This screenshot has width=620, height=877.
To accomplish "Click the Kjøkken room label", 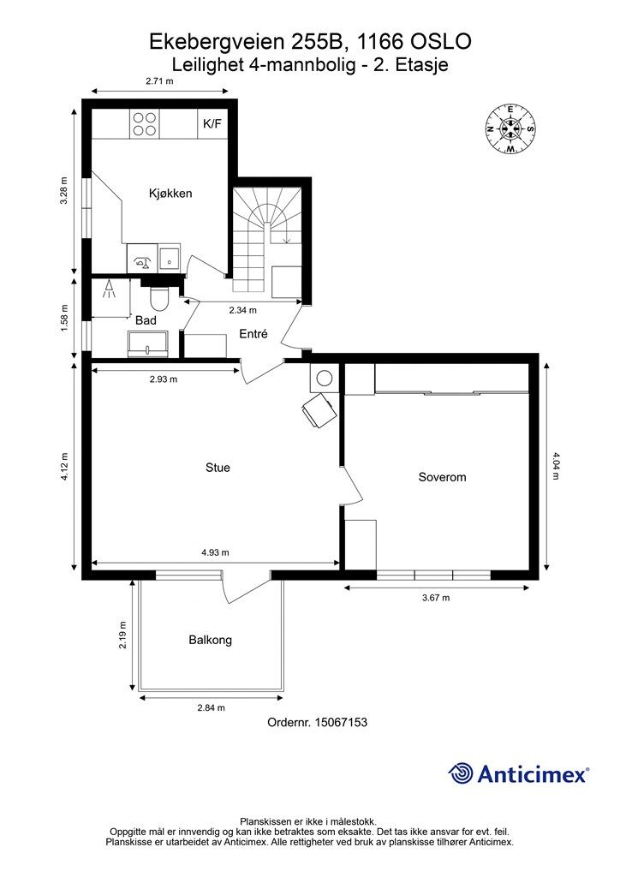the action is point(170,194).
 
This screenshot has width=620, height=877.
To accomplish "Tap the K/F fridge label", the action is point(212,123).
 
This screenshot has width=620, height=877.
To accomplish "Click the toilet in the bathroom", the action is point(160,299).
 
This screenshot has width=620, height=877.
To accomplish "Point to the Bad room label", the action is point(146,320).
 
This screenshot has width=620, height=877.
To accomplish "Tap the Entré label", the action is point(253,334).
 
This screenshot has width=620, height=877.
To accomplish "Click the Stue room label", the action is point(218,468).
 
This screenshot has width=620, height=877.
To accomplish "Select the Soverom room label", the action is point(442,477).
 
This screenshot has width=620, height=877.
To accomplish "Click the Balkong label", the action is point(210,640).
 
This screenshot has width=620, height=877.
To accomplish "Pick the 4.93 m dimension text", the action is point(215,552).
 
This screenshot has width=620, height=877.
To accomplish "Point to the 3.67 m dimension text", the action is point(436,597).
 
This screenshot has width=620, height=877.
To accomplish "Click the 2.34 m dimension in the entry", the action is point(243,310).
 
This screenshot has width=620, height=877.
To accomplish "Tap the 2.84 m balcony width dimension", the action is point(212,707).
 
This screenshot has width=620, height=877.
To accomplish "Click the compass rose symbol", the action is point(510,128).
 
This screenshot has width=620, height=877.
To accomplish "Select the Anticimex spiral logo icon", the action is point(461,773).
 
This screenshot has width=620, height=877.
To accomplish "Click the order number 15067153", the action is point(341,722).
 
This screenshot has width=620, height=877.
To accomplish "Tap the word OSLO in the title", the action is point(441,41).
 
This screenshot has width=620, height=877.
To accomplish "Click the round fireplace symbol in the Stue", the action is point(325,379).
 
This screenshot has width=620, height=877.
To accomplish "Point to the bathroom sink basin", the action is point(147,343).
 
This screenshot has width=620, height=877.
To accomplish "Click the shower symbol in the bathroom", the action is point(109,289).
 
